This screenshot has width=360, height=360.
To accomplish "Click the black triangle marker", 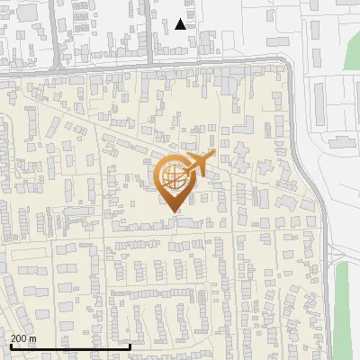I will [182, 24].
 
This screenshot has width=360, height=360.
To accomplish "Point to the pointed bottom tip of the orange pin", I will [175, 211].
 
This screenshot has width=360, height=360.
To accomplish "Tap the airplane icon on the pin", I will [199, 165].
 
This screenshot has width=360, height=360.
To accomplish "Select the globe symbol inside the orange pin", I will [173, 178].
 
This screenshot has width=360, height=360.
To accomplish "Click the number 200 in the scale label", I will [20, 338].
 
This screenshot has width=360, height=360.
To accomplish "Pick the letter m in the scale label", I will [32, 338].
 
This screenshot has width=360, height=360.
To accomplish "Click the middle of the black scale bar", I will [70, 346].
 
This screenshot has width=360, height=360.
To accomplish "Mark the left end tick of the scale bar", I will [10, 345].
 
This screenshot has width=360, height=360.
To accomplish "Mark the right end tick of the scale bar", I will [130, 345].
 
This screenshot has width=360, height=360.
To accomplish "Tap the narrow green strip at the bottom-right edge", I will [342, 306].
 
